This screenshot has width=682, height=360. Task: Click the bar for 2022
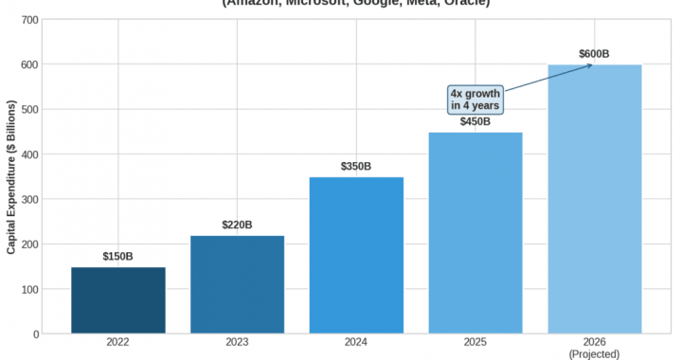tap(118, 300)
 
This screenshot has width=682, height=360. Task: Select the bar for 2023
tap(237, 284)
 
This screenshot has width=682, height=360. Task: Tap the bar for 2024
tap(356, 256)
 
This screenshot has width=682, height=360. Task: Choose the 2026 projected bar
tap(595, 199)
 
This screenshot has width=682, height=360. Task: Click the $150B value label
tap(118, 257)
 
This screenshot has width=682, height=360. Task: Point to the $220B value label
tap(237, 225)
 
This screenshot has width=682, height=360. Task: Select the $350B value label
tap(356, 167)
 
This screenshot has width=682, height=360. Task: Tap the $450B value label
tap(476, 121)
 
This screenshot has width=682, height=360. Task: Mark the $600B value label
tap(594, 54)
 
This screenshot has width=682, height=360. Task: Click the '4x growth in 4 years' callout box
tap(476, 99)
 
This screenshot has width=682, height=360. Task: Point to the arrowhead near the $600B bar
tap(589, 65)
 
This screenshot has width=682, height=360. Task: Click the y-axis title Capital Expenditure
tap(11, 177)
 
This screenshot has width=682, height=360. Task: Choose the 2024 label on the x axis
tap(356, 343)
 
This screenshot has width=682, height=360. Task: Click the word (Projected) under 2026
tap(594, 354)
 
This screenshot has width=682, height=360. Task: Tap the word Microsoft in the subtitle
tap(314, 3)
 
